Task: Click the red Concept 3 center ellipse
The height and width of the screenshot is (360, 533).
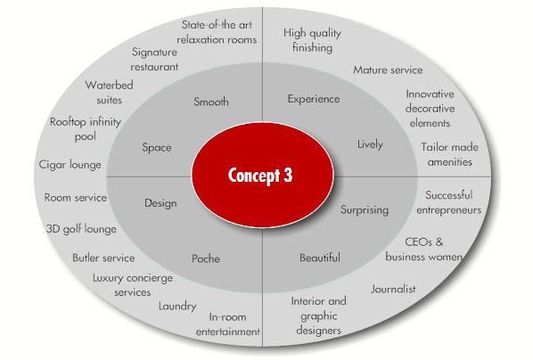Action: click(x=262, y=175)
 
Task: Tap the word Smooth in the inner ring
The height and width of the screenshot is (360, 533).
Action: click(x=211, y=102)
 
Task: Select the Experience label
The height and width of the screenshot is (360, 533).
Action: click(x=314, y=99)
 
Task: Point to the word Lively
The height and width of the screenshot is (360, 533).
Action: click(x=370, y=144)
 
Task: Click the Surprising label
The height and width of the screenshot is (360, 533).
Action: click(x=365, y=209)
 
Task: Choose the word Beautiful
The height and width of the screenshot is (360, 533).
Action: click(x=319, y=258)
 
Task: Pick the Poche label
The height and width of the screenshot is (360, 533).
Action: click(x=206, y=258)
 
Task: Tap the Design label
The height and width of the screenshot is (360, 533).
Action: click(x=160, y=203)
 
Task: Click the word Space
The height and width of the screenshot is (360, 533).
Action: click(x=157, y=148)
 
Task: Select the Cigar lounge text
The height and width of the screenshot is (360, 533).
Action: click(x=70, y=165)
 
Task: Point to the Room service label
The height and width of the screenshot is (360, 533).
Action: click(x=76, y=198)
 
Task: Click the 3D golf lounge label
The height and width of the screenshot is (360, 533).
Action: click(x=81, y=229)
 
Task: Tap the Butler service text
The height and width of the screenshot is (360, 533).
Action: click(x=103, y=258)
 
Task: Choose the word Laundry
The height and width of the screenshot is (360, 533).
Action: click(x=177, y=307)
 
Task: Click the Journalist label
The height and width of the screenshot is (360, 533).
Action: click(x=393, y=289)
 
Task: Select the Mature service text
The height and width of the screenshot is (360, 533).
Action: click(x=388, y=70)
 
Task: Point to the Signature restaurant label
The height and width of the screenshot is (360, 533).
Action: click(x=154, y=60)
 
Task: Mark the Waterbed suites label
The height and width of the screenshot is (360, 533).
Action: click(x=109, y=92)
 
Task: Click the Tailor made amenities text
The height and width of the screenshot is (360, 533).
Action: click(x=450, y=154)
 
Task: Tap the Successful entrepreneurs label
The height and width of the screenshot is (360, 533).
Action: click(x=449, y=202)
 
